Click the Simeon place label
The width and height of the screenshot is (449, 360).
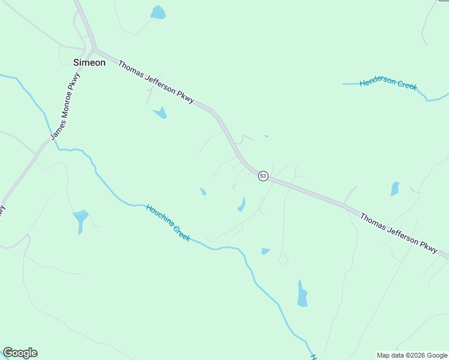coord(89,62)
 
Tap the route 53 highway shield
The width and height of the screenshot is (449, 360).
coord(263,176)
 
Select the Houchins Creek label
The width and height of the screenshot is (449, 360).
coord(168,223)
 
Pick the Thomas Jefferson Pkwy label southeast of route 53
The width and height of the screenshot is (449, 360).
coord(399,232)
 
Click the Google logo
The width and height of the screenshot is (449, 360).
coord(20,353)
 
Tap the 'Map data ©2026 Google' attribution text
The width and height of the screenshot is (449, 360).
coord(412,355)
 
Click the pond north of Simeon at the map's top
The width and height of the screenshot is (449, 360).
coord(158,12)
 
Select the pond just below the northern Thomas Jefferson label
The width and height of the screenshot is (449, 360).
coord(160,112)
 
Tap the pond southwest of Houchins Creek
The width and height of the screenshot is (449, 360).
coord(80,220)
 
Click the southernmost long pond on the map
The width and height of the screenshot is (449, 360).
coord(302,293)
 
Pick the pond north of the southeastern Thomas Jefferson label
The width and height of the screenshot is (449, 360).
coord(394,189)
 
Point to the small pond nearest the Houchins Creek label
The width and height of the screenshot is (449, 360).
coord(203,192)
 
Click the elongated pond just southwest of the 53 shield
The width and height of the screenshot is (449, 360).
coord(241,205)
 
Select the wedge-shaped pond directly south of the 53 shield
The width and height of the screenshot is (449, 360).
coord(265,251)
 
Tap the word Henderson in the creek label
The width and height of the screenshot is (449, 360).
coord(378,82)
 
